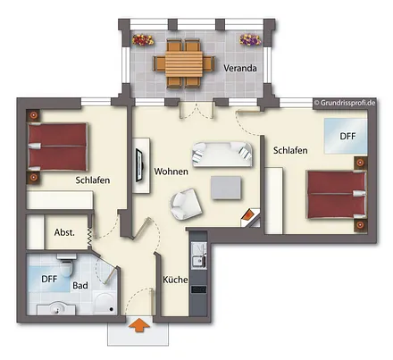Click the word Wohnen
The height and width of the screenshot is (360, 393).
[x=171, y=171]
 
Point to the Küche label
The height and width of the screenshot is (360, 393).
[x=174, y=280]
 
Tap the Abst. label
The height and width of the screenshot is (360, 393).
[x=64, y=231]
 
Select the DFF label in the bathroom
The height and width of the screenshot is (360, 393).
[x=49, y=279]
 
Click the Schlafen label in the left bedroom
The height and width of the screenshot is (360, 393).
[x=93, y=180]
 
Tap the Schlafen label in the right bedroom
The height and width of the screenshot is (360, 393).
[x=292, y=150]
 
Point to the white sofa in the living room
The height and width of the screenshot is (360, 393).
[x=219, y=153]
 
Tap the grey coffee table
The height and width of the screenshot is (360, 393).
[x=226, y=188]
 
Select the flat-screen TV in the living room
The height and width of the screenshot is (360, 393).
[x=138, y=165]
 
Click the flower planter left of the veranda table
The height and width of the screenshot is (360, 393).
[x=141, y=39]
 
